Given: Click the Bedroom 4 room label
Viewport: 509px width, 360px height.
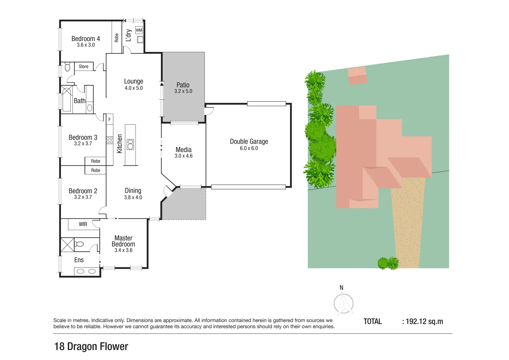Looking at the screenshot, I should [86, 39].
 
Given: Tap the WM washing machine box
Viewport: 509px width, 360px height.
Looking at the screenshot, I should [139, 30].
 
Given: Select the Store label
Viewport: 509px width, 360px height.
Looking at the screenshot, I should [84, 67].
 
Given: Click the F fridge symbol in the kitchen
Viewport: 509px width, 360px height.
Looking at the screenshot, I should [109, 119].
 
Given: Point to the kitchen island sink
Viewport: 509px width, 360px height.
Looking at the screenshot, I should [130, 144].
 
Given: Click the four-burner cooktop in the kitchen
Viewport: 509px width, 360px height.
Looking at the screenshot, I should [110, 140].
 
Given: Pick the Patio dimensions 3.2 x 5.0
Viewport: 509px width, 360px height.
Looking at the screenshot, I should [183, 91].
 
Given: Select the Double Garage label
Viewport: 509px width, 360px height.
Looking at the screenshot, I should [249, 141].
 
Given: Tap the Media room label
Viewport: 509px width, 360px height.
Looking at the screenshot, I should [183, 150].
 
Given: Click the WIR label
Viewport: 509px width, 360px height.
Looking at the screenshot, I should [83, 224].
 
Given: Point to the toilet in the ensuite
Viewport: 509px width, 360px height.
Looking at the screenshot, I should [79, 244].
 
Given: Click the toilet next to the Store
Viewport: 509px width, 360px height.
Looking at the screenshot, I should [68, 67].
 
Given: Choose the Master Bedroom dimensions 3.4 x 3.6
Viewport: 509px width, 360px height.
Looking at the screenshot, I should [123, 250].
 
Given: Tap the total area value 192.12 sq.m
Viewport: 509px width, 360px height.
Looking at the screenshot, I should [424, 322].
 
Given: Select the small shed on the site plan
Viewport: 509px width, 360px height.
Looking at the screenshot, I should [357, 76].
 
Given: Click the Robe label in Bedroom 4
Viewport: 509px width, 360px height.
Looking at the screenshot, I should [117, 38].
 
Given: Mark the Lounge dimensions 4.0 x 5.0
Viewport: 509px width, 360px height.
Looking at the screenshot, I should [134, 88].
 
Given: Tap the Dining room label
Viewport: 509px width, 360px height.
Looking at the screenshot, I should [133, 191].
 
